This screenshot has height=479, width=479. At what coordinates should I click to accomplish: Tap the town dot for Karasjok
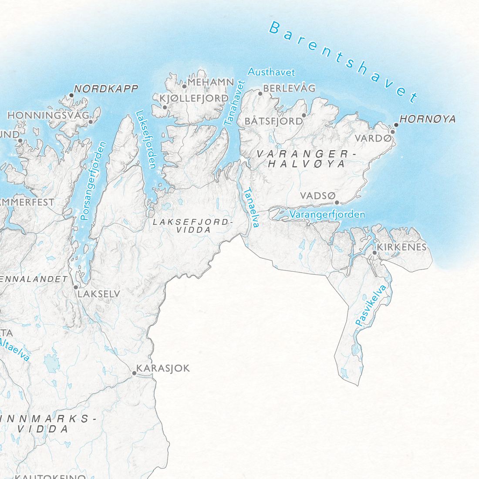click(134, 373)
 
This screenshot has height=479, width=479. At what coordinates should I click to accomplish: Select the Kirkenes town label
click(401, 247)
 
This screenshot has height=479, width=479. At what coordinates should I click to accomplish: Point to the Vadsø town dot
click(337, 202)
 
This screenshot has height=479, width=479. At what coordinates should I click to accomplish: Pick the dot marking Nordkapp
click(71, 95)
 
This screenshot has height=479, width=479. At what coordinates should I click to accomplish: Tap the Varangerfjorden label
click(327, 214)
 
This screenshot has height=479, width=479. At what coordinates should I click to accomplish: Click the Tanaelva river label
click(251, 207)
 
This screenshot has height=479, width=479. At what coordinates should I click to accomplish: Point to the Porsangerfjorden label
click(93, 181)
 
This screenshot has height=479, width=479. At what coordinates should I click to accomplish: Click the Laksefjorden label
click(146, 139)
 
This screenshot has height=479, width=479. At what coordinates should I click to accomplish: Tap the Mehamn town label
click(211, 82)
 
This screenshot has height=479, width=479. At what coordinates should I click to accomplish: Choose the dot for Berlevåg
click(260, 94)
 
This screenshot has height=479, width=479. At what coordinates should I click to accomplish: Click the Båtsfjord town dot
click(304, 115)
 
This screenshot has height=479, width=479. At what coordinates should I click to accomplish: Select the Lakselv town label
click(99, 294)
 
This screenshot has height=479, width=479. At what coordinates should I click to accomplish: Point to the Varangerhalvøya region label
click(303, 159)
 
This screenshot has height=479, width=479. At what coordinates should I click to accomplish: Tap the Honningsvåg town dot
click(91, 121)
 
